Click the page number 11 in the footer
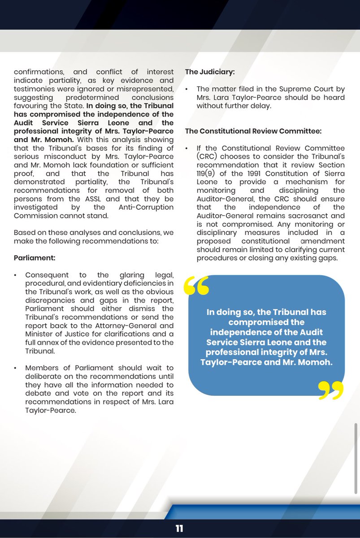point(179,528)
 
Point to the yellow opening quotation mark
point(196,286)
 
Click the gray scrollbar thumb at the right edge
point(356,444)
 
